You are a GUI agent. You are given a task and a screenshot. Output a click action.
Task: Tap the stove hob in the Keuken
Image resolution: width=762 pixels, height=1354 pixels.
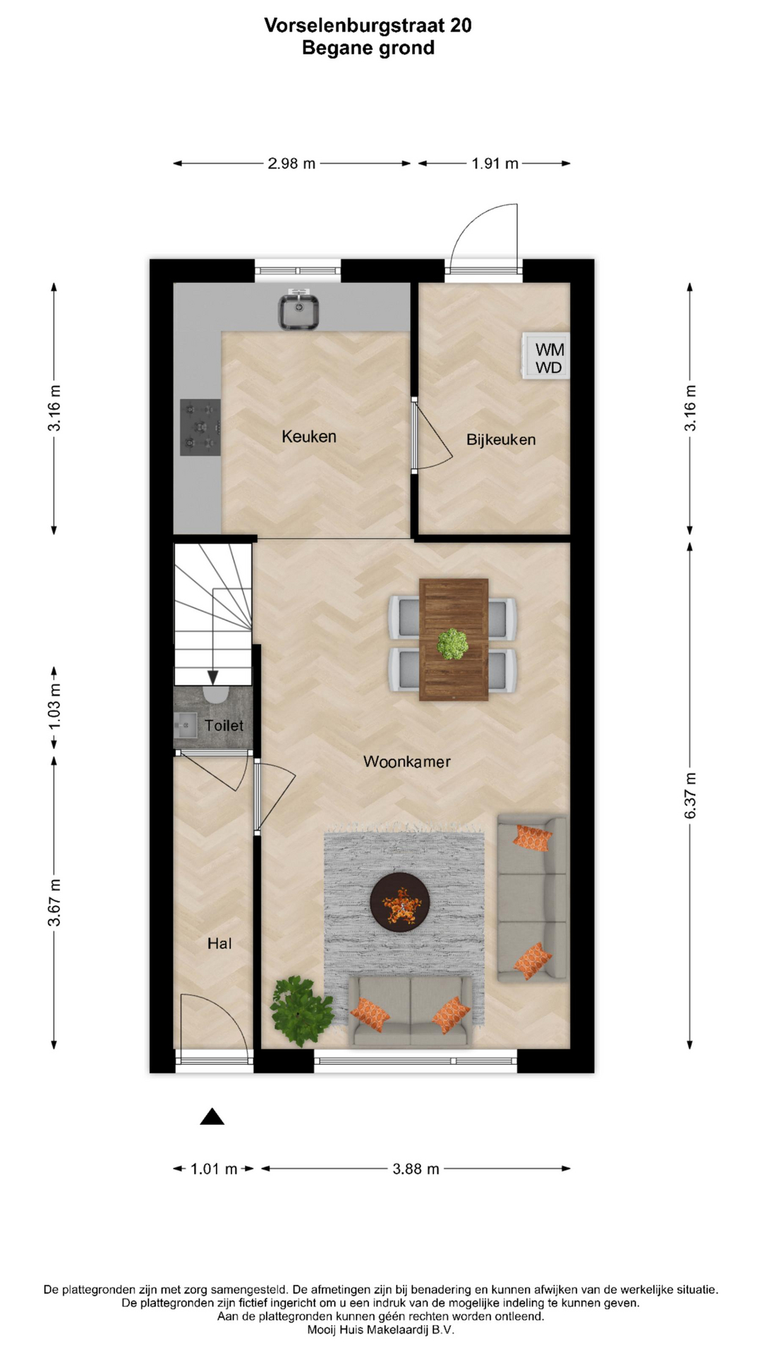pos(200,427)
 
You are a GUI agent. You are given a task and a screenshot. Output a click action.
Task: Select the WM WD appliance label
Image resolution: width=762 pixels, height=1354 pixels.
pos(549,358)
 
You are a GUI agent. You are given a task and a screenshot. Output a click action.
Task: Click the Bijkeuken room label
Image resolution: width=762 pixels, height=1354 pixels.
pos(501,439)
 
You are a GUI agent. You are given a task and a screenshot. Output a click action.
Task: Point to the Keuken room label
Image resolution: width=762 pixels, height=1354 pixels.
pos(309,437)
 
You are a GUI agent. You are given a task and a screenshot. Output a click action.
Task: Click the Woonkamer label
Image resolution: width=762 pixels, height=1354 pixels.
pos(406,762)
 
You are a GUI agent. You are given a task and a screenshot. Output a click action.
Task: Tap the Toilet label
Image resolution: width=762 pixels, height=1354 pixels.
pos(224,725)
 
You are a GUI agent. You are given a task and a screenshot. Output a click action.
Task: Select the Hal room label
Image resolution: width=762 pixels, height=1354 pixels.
pos(219,944)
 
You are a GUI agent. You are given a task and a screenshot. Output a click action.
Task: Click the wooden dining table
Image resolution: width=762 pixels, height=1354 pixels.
pos(454,640)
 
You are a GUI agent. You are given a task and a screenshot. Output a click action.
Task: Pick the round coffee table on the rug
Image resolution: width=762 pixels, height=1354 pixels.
pos(400,902)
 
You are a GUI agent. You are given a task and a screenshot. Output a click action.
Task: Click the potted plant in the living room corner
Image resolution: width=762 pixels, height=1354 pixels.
pos(301,1011)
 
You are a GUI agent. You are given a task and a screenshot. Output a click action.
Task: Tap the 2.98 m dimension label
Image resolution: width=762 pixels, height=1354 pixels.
pos(291,164)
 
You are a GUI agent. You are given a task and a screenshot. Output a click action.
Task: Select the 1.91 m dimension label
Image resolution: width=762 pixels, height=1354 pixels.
pos(495,164)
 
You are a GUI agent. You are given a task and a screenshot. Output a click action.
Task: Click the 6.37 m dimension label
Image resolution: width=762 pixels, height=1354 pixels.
pos(690,795)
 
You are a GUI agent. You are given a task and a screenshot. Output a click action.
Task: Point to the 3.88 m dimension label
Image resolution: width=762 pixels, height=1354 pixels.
pos(416,1169)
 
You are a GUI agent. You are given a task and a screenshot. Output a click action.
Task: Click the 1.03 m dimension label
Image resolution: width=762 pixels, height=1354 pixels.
pos(54,707)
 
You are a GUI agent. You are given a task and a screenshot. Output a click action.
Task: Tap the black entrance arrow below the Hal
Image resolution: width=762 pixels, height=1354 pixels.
pos(212,1116)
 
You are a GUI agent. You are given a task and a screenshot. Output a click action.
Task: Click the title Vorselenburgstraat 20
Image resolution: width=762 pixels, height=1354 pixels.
pos(368,25)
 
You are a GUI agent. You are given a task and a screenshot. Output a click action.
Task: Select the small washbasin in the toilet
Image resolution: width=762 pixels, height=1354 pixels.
pos(185,725)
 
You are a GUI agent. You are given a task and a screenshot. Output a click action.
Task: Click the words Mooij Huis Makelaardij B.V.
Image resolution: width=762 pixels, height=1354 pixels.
pos(381,1330)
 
